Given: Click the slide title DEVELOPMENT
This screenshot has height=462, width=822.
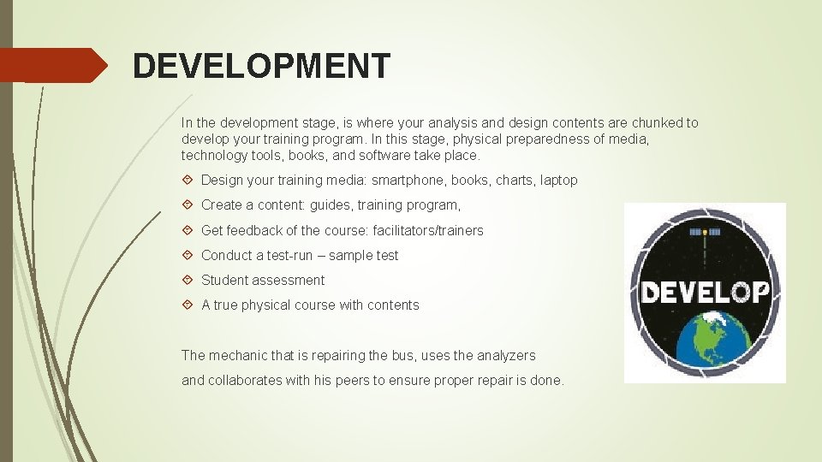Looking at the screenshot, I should (261, 66).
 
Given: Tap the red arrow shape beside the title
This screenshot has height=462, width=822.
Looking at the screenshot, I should (53, 65).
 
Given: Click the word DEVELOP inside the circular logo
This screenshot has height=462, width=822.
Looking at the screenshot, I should (705, 293).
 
